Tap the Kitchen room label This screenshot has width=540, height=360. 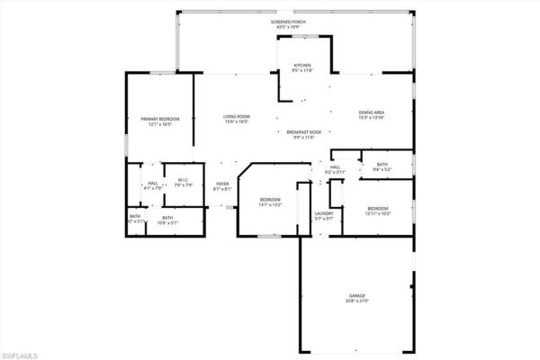301,67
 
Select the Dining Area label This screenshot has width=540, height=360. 372,112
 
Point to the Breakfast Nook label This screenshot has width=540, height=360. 303,131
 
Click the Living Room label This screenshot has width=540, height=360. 237,116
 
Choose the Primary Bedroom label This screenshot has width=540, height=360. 160,119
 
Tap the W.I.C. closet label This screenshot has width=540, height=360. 183,181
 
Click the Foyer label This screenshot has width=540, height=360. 222,184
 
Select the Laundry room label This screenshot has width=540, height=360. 324,212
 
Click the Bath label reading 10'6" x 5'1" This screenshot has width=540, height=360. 167,216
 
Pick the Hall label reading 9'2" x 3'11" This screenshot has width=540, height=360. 334,167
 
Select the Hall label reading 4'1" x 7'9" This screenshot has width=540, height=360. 153,184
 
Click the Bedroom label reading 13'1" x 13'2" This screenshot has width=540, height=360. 271,199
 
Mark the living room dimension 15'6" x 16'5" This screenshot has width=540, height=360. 237,122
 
